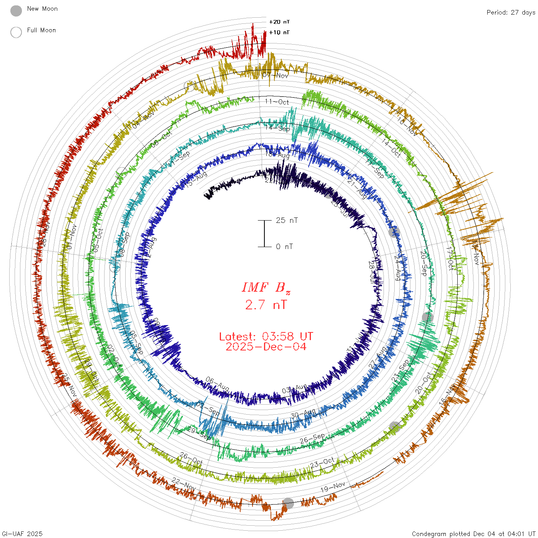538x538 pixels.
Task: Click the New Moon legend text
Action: coord(42,9)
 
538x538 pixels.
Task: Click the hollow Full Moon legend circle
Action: coord(16,32)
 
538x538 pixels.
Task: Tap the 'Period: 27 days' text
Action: coord(511,13)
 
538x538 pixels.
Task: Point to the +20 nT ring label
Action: coord(279,22)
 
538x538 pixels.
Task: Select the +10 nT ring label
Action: coord(279,32)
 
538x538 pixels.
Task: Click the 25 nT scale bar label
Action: coord(287,221)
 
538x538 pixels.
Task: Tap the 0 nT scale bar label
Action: coord(284,247)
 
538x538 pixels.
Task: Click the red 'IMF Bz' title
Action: coord(266,287)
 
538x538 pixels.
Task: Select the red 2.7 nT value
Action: coord(266,305)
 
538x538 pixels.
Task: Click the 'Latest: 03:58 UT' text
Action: coord(266,337)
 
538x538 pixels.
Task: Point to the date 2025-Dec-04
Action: coord(266,347)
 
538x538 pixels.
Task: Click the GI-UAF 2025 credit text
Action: coord(22,534)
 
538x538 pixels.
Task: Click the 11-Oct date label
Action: coord(277,102)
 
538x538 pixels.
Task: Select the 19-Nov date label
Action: coord(333,487)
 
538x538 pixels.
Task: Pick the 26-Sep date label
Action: coord(312,438)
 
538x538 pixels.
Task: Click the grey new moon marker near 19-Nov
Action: coord(288,503)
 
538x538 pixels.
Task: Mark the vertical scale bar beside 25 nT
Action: coord(264,234)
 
